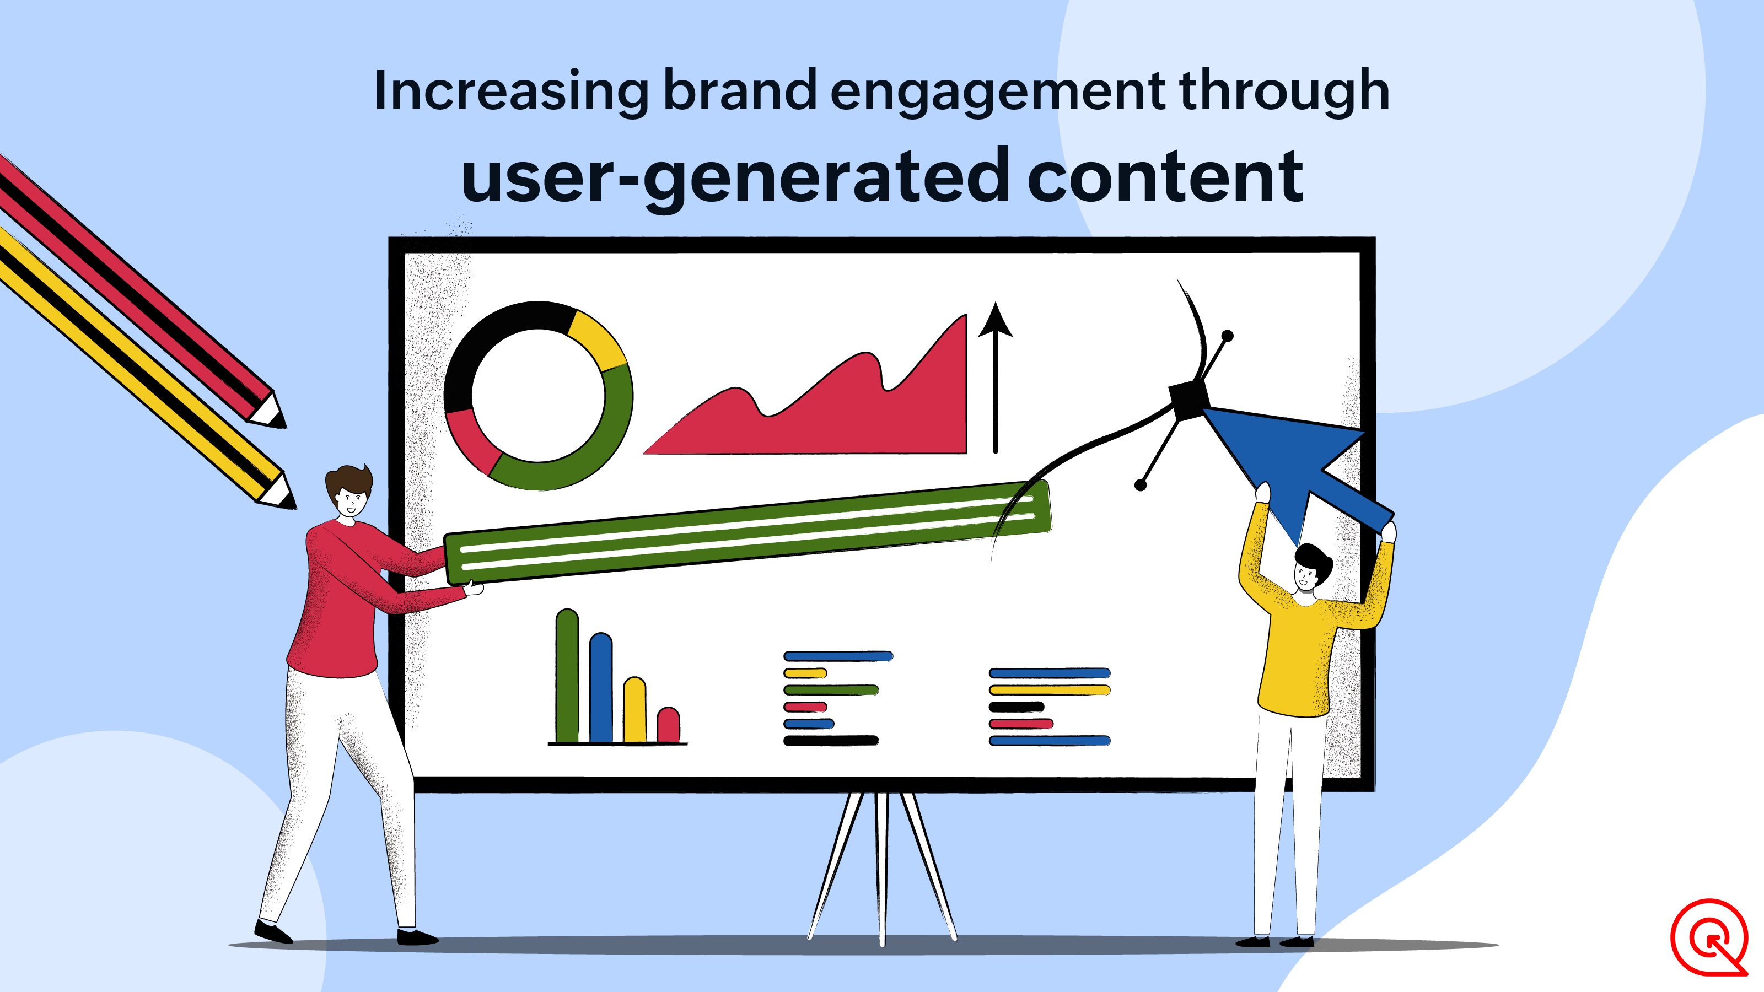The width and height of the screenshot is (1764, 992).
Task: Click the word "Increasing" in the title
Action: tap(510, 91)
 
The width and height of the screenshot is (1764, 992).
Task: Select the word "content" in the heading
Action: tap(1165, 176)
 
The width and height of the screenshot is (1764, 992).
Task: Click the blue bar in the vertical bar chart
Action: tap(600, 687)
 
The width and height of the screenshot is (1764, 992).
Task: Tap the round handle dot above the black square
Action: tap(1228, 336)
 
